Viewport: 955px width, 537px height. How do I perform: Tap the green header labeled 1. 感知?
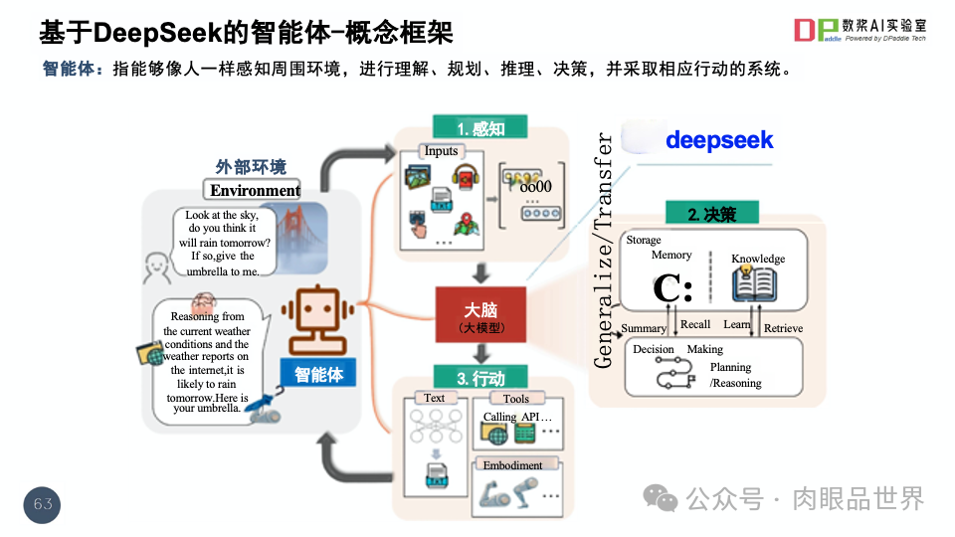(x=480, y=129)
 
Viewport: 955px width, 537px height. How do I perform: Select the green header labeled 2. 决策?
(x=711, y=214)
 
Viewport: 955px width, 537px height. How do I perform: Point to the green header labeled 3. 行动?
(x=480, y=379)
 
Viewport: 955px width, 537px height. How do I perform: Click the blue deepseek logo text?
(x=719, y=140)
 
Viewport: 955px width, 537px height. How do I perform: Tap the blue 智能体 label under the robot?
(x=318, y=375)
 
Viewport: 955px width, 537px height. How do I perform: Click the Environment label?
(x=255, y=190)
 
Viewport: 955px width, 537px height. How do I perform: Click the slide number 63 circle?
(x=43, y=504)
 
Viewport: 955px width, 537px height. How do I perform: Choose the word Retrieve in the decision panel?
(x=783, y=328)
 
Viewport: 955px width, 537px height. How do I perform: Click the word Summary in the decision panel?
(x=644, y=328)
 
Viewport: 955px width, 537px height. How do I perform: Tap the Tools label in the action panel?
(x=516, y=398)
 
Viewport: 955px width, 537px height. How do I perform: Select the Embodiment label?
(x=512, y=464)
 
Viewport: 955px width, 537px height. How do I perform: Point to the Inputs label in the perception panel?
(x=441, y=151)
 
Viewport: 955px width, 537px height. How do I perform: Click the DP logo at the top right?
(x=817, y=31)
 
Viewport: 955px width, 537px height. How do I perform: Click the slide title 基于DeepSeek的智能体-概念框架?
(x=246, y=33)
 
